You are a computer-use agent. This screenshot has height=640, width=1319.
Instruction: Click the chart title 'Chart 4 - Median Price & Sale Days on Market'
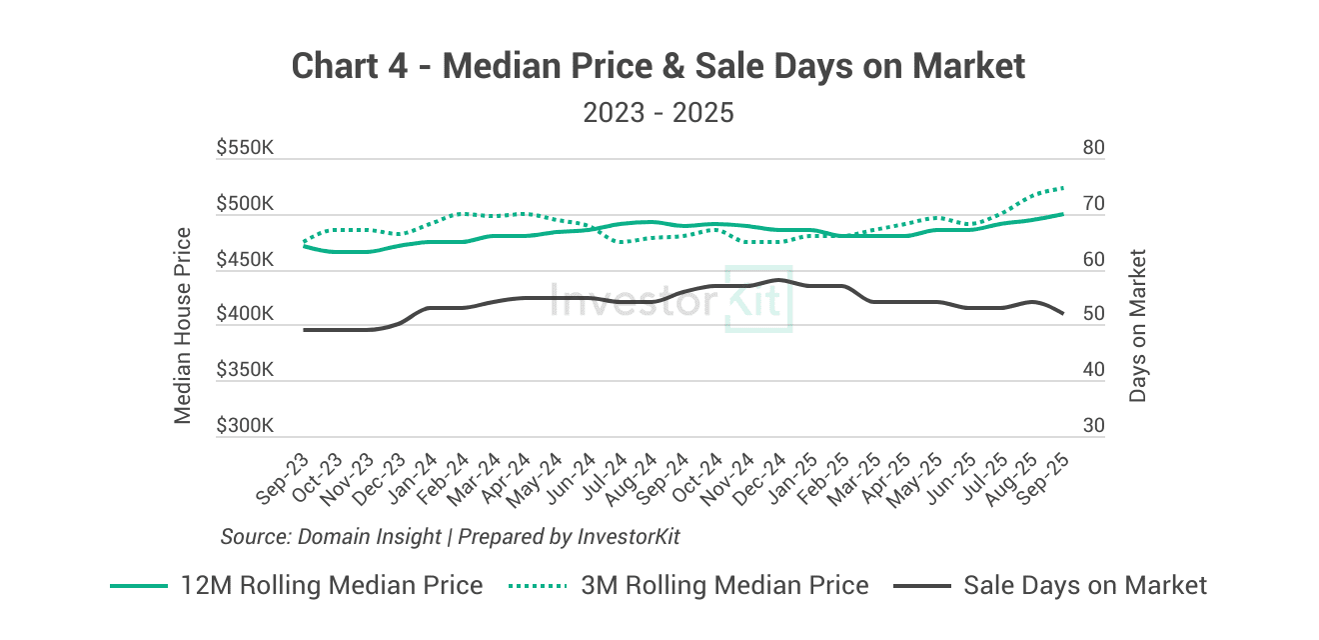[x=659, y=66]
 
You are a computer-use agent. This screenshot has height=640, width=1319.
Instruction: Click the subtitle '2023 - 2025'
[x=659, y=112]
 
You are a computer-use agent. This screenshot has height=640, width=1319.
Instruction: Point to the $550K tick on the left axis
[x=245, y=148]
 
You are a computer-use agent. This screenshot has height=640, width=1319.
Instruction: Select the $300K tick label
[x=245, y=426]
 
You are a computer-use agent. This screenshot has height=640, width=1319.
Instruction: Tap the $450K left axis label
[x=245, y=260]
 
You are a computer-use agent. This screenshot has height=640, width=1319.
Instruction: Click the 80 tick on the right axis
[x=1093, y=148]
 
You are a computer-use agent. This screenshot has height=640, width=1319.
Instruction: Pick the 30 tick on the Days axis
[x=1093, y=426]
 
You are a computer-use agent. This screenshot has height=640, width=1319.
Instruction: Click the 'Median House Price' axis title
[x=183, y=325]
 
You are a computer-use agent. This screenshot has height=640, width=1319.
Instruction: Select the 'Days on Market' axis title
[x=1137, y=325]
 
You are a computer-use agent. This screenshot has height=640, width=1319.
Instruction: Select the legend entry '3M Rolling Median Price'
[x=689, y=585]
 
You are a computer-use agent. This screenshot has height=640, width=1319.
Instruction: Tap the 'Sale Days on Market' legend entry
[x=1049, y=585]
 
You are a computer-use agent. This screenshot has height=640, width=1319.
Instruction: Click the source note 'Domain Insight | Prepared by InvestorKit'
[x=450, y=536]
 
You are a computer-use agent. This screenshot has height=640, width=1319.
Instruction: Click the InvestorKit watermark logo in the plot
[x=671, y=299]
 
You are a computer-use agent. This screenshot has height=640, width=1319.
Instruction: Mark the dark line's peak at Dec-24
[x=777, y=280]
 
